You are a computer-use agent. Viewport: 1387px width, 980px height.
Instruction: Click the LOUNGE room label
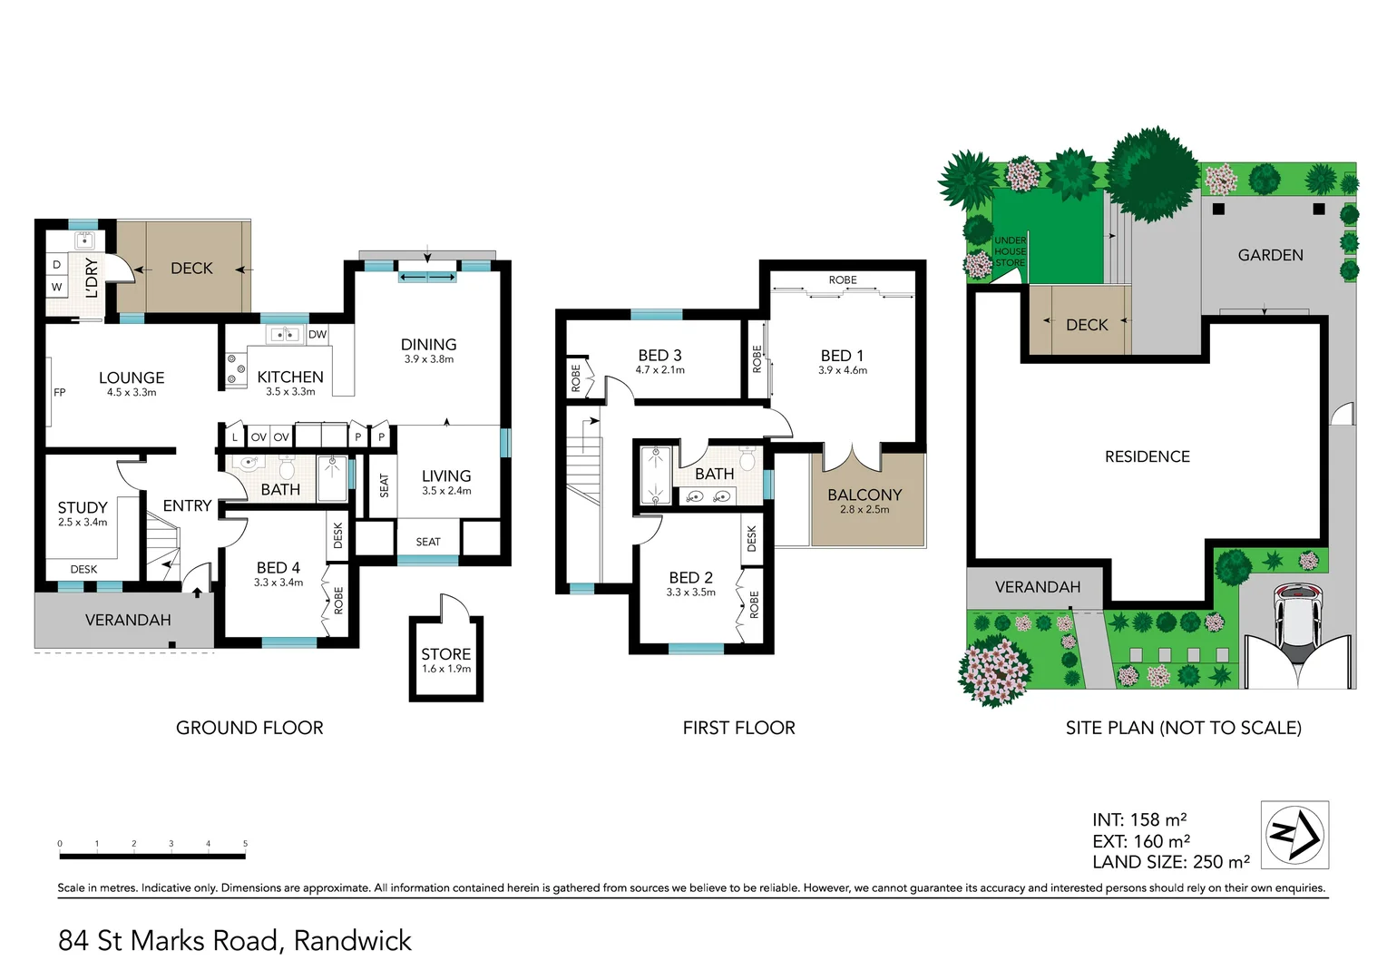click(x=132, y=377)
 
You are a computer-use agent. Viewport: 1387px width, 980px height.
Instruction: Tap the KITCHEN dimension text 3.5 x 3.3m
click(x=290, y=392)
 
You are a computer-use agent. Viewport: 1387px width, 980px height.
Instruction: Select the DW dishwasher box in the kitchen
click(x=317, y=335)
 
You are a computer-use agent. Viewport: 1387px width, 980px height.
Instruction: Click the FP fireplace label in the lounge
click(x=60, y=393)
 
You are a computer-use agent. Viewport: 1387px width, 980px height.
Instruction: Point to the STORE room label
click(x=445, y=653)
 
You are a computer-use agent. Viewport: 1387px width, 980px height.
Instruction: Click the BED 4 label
click(x=278, y=567)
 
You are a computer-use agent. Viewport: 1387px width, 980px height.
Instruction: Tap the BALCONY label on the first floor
click(x=864, y=495)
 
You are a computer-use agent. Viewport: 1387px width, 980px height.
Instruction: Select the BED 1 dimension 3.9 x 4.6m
click(x=842, y=370)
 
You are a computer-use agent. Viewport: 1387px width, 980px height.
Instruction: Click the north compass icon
click(x=1294, y=835)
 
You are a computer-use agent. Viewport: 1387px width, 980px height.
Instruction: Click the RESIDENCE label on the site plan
click(x=1147, y=456)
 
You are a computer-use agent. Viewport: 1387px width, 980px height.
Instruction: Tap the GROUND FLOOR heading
click(x=249, y=728)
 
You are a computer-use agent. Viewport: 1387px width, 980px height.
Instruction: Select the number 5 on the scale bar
click(x=245, y=844)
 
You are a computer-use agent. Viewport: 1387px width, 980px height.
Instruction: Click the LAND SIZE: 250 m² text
click(x=1170, y=862)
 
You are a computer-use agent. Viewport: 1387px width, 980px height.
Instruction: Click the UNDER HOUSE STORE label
click(x=1010, y=251)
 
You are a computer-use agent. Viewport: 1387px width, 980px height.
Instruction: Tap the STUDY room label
click(x=83, y=507)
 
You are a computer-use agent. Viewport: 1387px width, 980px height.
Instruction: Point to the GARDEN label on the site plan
click(x=1270, y=255)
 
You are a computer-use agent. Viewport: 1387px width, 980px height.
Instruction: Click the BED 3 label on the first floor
click(x=659, y=355)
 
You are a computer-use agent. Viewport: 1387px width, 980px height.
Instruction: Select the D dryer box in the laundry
click(x=56, y=265)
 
